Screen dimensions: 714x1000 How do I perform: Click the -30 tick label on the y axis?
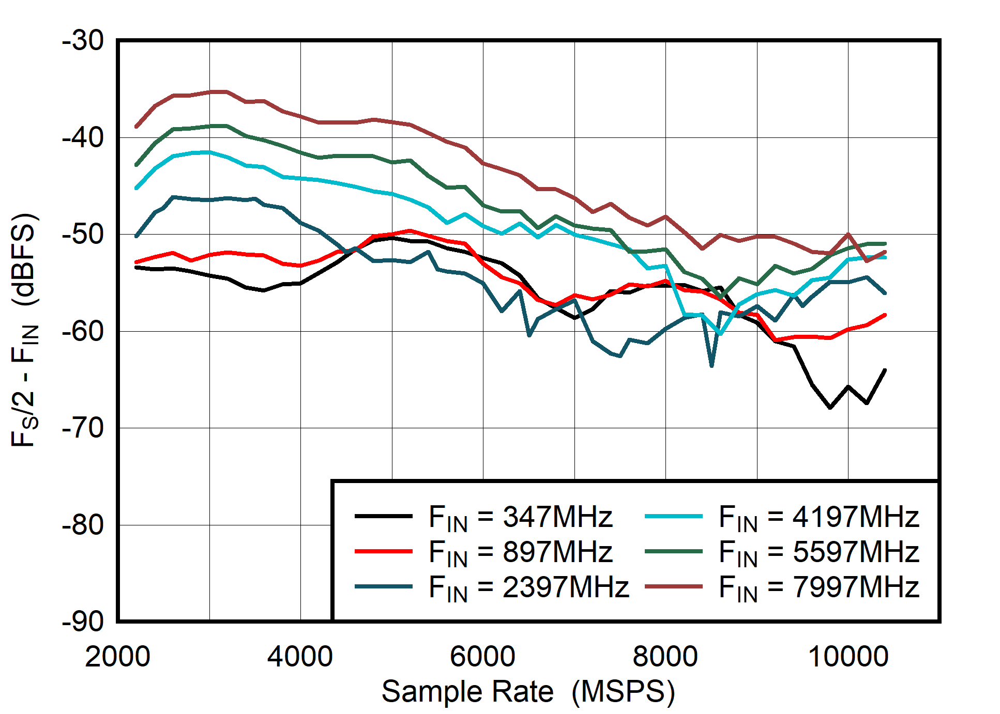[83, 41]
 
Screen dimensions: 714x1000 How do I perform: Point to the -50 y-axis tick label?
[83, 235]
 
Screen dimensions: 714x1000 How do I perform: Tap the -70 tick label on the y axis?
[83, 428]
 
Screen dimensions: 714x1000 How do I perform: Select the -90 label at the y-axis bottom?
[83, 622]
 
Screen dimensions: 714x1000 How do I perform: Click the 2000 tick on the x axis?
[118, 657]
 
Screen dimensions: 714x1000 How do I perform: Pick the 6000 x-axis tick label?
[482, 657]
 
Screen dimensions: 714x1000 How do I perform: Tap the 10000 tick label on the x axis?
[848, 657]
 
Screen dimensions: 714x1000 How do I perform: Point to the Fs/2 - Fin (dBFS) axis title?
[24, 330]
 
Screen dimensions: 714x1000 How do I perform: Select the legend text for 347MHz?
[520, 517]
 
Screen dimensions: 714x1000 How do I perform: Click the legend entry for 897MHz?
[520, 552]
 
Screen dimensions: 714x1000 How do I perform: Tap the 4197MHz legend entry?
[819, 517]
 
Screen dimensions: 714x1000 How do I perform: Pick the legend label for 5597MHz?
[819, 552]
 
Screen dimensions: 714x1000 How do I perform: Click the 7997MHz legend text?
[819, 587]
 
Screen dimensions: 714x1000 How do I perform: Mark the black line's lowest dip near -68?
[830, 408]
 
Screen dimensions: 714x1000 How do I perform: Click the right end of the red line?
[885, 315]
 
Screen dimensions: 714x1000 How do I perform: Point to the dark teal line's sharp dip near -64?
[712, 366]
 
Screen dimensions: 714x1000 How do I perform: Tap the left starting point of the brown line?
[137, 127]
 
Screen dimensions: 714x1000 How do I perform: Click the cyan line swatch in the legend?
[674, 516]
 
